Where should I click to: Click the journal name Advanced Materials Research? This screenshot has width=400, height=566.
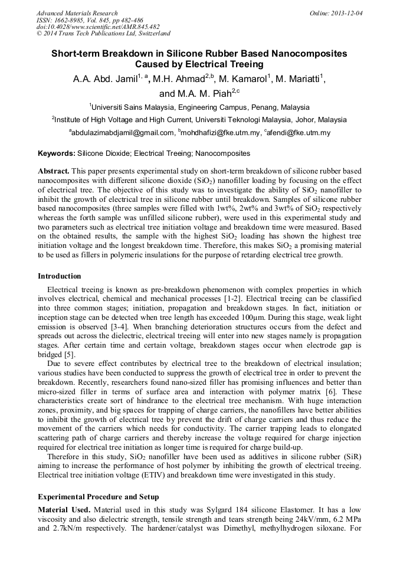click(x=77, y=13)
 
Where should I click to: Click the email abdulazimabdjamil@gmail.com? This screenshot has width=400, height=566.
click(x=123, y=133)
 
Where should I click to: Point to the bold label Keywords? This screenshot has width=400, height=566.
click(x=57, y=153)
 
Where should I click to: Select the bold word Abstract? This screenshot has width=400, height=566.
click(x=54, y=170)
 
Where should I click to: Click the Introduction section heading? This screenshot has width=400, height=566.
click(x=60, y=276)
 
